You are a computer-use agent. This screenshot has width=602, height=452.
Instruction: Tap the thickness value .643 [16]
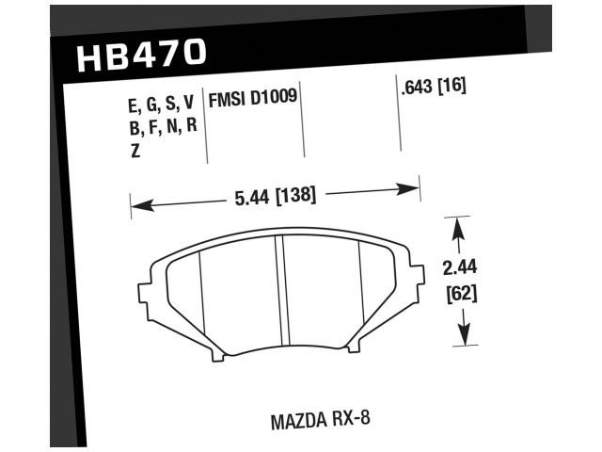pyautogui.click(x=433, y=89)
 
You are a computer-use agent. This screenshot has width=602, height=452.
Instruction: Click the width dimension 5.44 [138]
pyautogui.click(x=270, y=197)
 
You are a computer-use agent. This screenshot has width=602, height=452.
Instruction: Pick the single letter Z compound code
pyautogui.click(x=135, y=150)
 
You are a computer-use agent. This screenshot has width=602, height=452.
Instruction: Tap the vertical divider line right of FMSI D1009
pyautogui.click(x=304, y=122)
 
